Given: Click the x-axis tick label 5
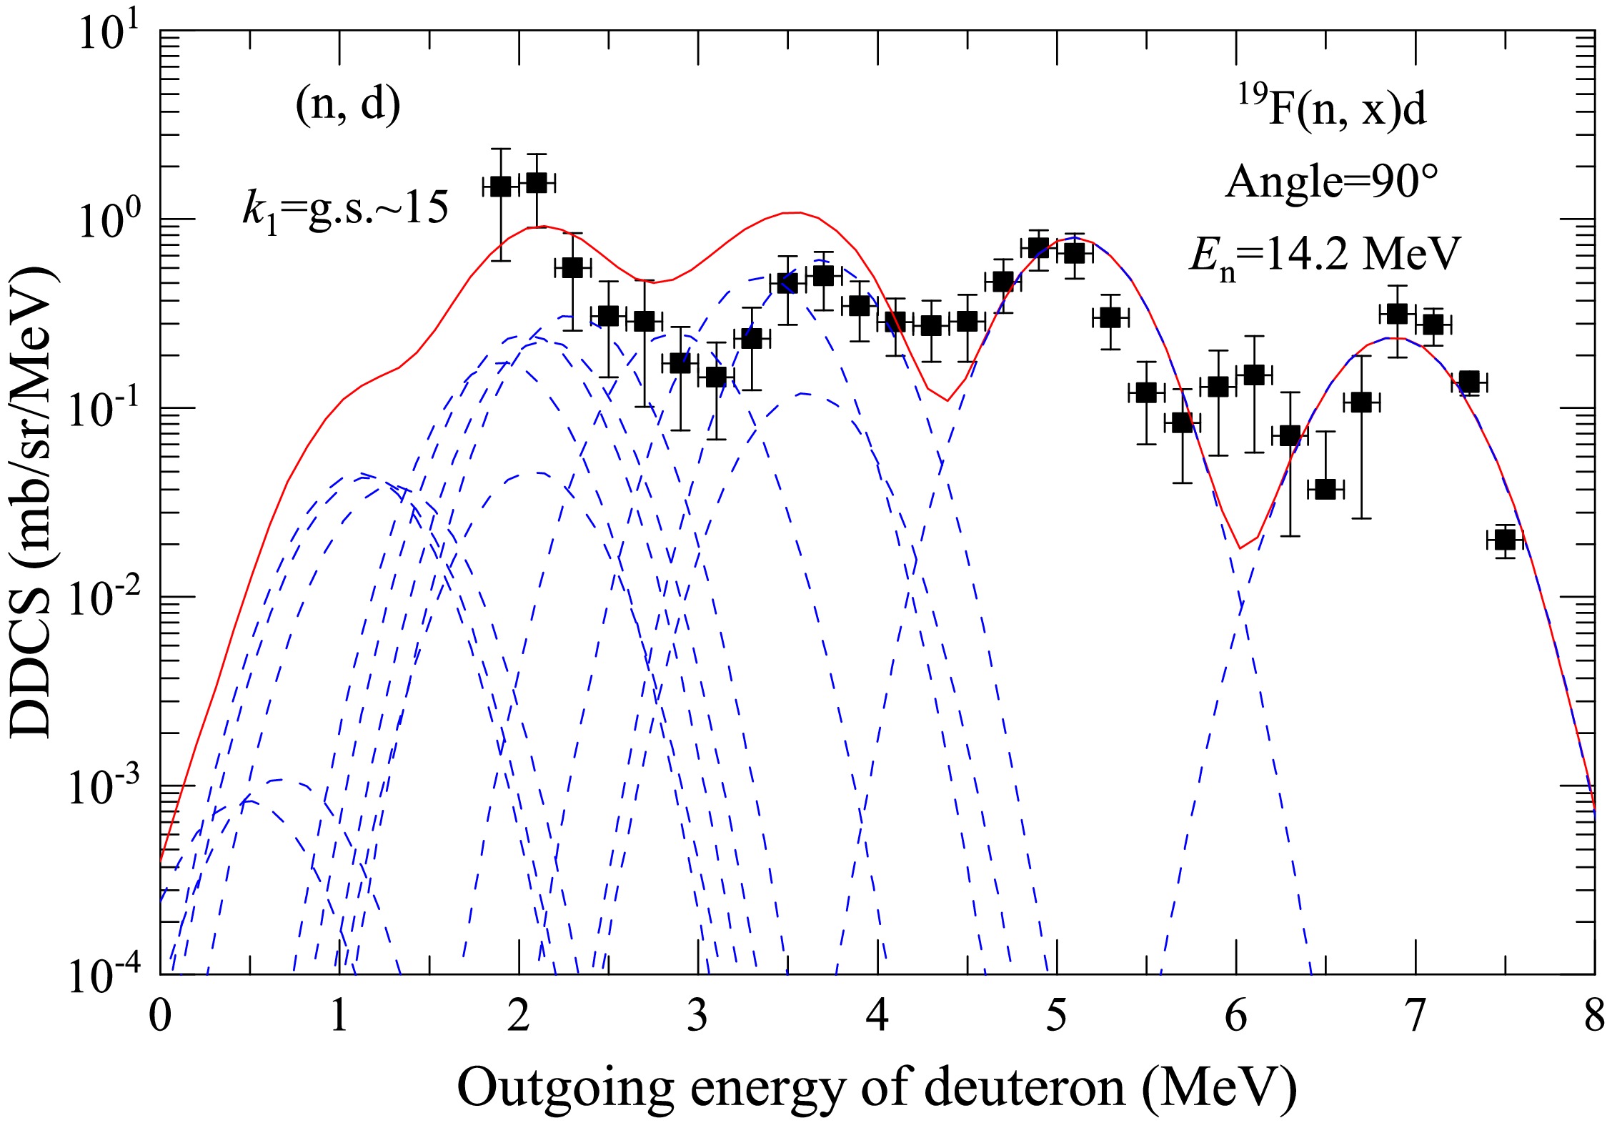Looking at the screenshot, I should (x=1057, y=1016).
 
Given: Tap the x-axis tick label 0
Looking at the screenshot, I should (x=161, y=1016).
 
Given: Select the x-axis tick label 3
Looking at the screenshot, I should (x=698, y=1016).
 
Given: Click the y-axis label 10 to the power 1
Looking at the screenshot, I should (x=100, y=34).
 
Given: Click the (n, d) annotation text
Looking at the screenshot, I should (x=348, y=105).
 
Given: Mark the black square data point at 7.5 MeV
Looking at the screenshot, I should (x=1505, y=540).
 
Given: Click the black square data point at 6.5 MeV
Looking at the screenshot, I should (x=1325, y=490).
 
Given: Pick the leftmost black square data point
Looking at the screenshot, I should (x=500, y=187).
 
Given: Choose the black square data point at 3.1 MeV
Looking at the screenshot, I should (x=716, y=377).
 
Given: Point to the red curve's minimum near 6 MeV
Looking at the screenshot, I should (x=1240, y=548).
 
